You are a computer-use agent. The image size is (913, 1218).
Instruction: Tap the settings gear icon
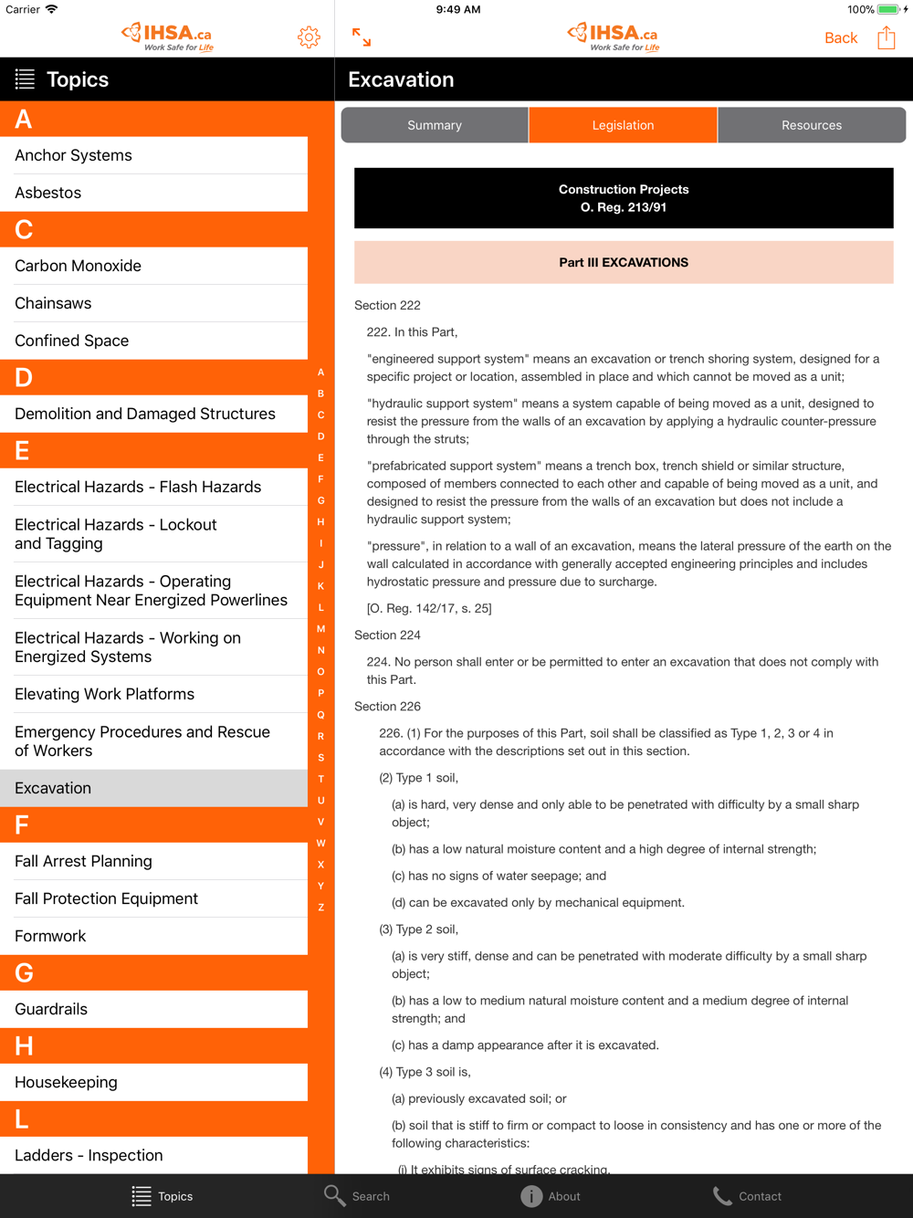point(309,37)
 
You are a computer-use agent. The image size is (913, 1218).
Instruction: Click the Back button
point(840,37)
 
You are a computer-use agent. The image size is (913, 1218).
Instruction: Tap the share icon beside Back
point(886,37)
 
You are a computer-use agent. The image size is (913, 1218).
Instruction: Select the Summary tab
point(435,125)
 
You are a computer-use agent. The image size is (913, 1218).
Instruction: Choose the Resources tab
point(811,125)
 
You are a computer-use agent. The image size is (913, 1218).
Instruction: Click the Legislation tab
point(623,125)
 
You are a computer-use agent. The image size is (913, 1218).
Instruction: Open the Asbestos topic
point(48,193)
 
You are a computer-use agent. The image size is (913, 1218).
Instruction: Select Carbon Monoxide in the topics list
point(79,266)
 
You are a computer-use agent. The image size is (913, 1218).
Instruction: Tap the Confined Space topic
point(72,341)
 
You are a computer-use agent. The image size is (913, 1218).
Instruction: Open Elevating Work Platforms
point(105,694)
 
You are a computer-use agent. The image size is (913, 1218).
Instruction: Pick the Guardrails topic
point(51,1009)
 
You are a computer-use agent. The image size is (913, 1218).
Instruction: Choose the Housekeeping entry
point(66,1082)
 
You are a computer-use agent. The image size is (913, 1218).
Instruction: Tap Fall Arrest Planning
point(84,861)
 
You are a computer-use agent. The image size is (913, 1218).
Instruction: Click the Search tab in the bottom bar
point(357,1196)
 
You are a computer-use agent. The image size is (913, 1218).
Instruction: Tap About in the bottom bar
point(551,1196)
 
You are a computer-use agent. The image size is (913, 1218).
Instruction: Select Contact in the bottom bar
point(747,1196)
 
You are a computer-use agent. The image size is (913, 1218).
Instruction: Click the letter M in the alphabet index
point(320,629)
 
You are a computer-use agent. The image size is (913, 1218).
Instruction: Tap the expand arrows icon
point(362,37)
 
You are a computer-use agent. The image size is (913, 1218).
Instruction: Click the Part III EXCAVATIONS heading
point(624,262)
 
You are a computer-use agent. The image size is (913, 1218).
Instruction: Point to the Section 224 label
point(388,635)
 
